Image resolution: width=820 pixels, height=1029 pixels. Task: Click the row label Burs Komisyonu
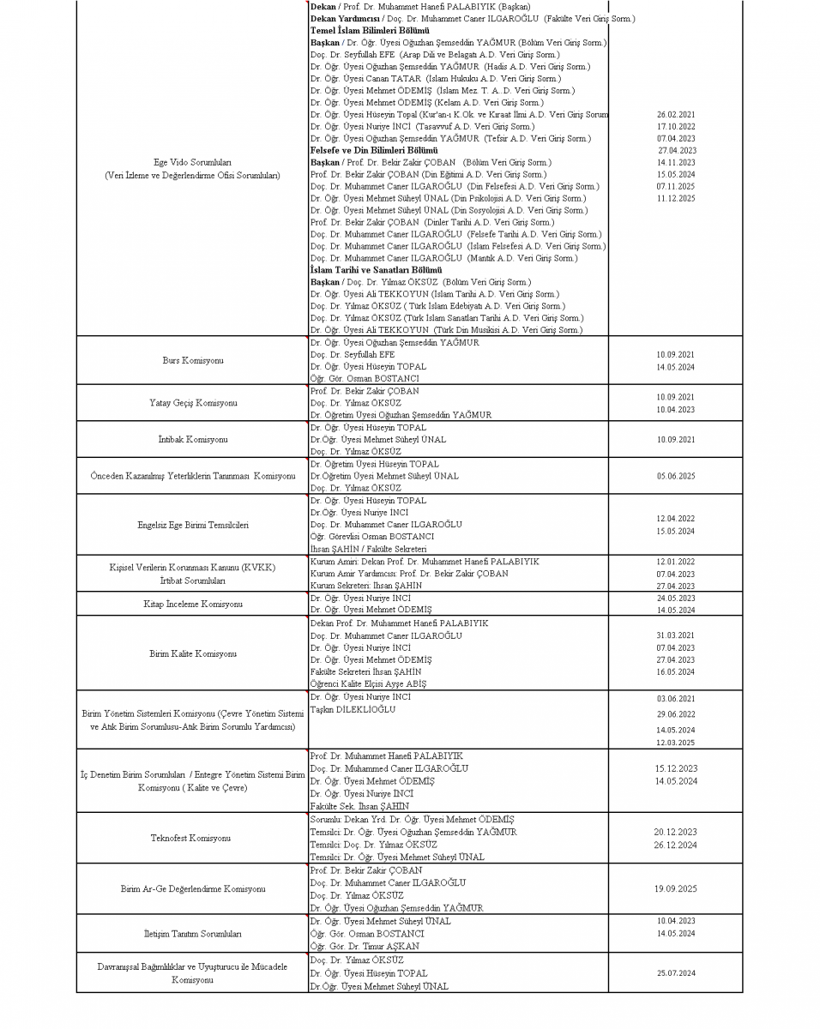[x=192, y=360]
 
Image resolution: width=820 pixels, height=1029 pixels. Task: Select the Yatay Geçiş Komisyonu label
[x=192, y=402]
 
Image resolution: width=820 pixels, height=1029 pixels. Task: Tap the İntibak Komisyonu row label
[x=192, y=439]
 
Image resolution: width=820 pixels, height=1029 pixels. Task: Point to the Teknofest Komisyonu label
[x=192, y=838]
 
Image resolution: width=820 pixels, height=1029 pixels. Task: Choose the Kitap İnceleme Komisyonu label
[x=192, y=604]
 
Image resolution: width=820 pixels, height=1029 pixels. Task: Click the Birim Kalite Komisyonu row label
[x=192, y=653]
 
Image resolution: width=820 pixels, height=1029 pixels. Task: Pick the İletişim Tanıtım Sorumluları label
[x=192, y=933]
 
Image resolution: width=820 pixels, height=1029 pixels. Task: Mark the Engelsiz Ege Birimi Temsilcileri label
[x=192, y=525]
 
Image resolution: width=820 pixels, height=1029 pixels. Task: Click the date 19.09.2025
[x=675, y=889]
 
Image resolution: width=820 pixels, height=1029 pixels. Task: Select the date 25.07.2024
[x=675, y=972]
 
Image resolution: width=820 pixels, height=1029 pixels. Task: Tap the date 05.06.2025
[x=675, y=476]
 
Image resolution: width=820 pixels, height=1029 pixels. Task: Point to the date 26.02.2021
[x=675, y=114]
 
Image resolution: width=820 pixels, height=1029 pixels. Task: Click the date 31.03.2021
[x=675, y=635]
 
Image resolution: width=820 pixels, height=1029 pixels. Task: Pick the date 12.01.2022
[x=675, y=562]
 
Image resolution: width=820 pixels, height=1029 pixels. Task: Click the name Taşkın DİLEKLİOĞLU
[x=353, y=709]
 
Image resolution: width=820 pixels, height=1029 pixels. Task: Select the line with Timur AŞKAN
[x=365, y=946]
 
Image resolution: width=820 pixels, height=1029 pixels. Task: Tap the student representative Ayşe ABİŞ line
[x=368, y=683]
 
